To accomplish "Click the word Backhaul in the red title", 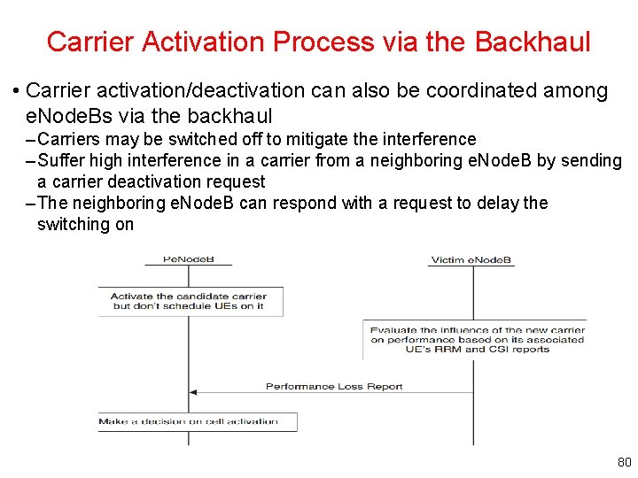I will click(x=533, y=42).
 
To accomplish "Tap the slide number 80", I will click(x=624, y=462).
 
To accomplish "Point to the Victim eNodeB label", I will click(x=471, y=260).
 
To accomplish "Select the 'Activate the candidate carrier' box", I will click(x=190, y=301).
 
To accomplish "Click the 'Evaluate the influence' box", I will click(x=477, y=339).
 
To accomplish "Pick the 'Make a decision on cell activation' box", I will click(x=197, y=421).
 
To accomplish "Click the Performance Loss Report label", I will click(x=334, y=386).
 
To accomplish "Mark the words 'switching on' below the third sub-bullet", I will click(x=85, y=224).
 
